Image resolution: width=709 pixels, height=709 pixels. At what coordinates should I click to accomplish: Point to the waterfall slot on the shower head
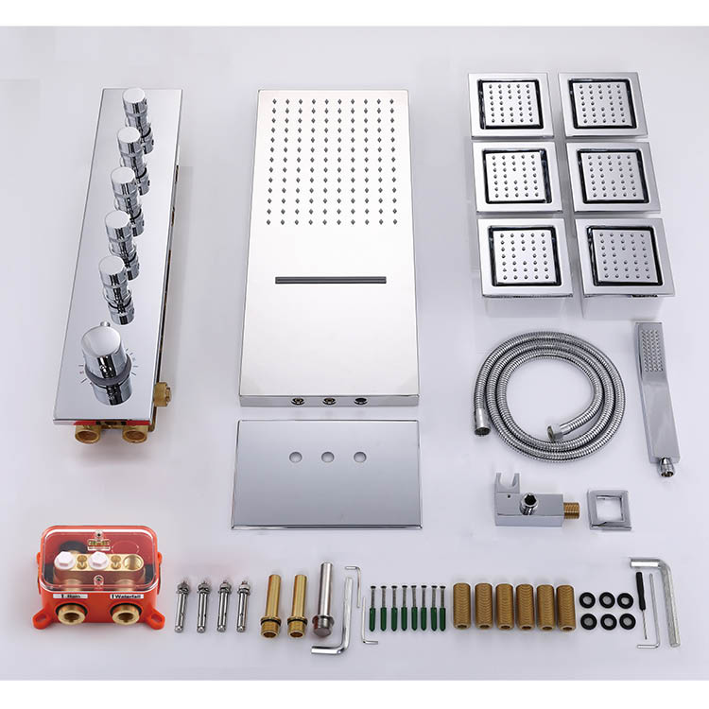click(331, 280)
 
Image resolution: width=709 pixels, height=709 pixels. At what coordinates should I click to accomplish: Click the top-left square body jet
click(510, 104)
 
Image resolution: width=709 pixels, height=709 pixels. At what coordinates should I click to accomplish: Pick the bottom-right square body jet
click(624, 256)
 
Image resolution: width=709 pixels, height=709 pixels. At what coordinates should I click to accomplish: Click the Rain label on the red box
click(72, 597)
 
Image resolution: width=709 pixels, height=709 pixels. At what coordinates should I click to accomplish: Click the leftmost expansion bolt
click(182, 605)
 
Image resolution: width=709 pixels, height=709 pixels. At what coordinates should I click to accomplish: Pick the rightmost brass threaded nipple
click(566, 605)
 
